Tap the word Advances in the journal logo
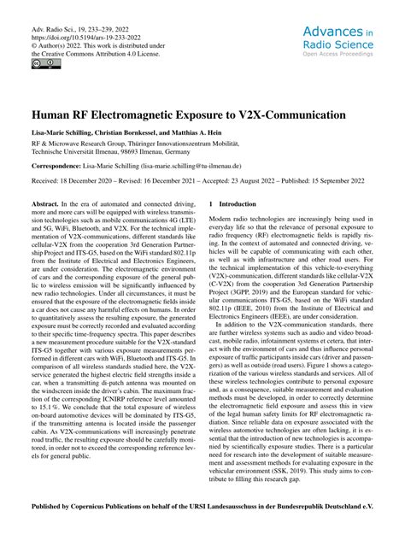[334, 32]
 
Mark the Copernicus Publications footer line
[202, 517]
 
